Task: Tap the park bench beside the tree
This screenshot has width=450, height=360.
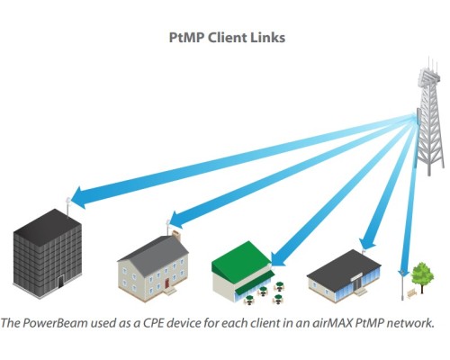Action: point(412,293)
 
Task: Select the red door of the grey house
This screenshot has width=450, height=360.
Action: point(166,283)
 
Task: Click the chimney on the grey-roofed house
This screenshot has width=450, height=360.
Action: point(176,235)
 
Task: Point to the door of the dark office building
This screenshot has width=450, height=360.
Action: point(61,282)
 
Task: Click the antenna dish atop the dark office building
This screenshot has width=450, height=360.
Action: point(68,201)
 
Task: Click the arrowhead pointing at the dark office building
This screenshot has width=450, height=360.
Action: point(80,197)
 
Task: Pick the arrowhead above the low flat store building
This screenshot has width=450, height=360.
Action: point(367,242)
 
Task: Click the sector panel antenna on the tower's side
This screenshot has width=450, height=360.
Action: point(418,117)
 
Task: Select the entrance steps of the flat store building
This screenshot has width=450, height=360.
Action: point(361,292)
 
